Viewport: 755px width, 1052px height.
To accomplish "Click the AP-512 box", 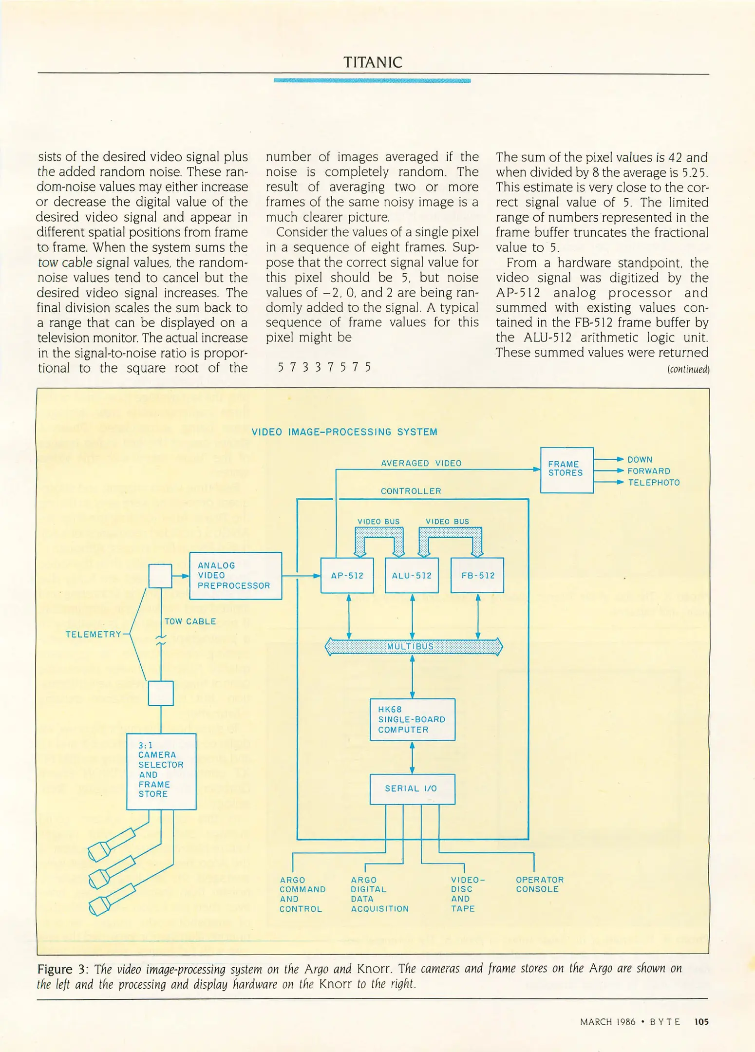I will [347, 575].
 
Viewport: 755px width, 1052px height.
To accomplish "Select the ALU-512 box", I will [412, 575].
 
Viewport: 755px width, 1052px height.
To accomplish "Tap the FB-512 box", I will [477, 575].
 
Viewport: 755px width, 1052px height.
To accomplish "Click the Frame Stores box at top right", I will [566, 469].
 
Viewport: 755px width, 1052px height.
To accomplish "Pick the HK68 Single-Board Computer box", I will [412, 719].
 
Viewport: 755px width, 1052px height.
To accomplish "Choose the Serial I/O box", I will [412, 789].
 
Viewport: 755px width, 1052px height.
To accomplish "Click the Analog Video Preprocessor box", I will [235, 575].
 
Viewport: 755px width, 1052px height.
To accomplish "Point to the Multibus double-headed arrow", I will [413, 646].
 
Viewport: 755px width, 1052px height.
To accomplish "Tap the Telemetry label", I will [93, 634].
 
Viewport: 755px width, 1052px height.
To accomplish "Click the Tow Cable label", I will [190, 621].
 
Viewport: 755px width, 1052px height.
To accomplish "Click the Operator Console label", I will [539, 884].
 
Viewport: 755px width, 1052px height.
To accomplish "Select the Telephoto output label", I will [653, 483].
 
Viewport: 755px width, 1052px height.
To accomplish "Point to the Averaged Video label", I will [421, 463].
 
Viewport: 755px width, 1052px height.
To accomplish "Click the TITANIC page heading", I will [373, 62].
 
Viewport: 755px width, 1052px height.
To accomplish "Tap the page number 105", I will [701, 1021].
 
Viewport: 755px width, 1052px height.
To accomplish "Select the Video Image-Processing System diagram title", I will [344, 432].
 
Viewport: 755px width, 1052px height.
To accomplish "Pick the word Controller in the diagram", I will [411, 491].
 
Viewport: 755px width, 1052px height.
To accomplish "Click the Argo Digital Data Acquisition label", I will [379, 894].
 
